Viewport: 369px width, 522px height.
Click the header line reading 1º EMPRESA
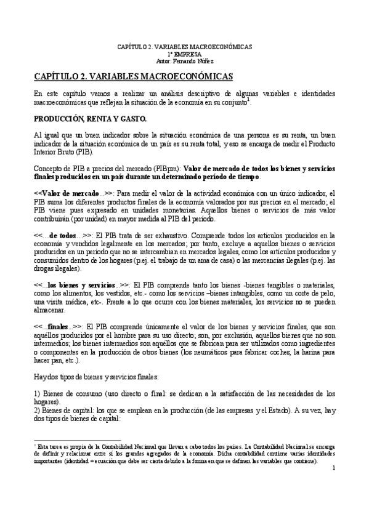pyautogui.click(x=185, y=54)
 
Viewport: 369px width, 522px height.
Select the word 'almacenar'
pyautogui.click(x=49, y=310)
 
